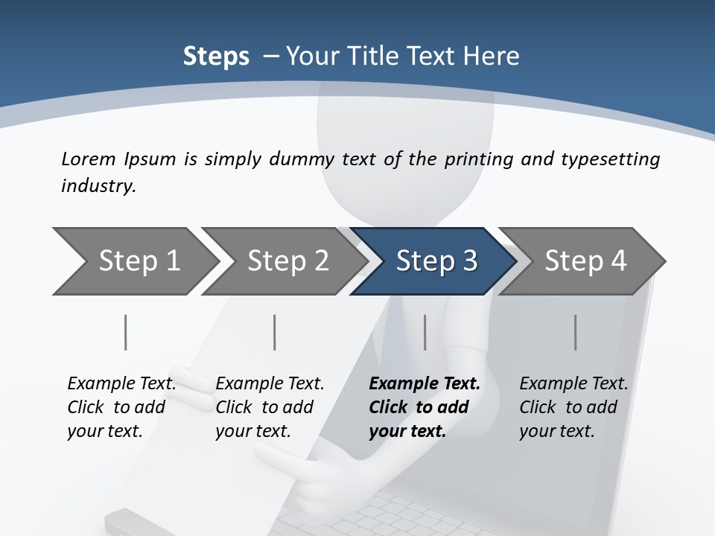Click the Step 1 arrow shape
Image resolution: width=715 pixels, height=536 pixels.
pyautogui.click(x=139, y=261)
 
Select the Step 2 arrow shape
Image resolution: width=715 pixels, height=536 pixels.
pyautogui.click(x=287, y=261)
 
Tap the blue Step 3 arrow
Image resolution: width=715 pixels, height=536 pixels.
pyautogui.click(x=436, y=261)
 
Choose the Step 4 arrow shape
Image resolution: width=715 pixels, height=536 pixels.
pyautogui.click(x=585, y=261)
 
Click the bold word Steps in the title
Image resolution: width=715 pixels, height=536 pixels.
pyautogui.click(x=216, y=56)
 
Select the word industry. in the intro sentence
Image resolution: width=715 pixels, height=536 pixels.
pyautogui.click(x=98, y=185)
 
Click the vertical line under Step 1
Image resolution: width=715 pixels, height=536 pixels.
pyautogui.click(x=126, y=332)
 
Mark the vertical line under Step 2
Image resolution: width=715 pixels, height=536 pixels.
pyautogui.click(x=275, y=332)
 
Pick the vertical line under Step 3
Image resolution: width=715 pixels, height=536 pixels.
pyautogui.click(x=425, y=332)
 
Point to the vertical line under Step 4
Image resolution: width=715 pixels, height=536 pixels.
pyautogui.click(x=576, y=332)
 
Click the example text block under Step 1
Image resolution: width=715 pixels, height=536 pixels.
pyautogui.click(x=121, y=407)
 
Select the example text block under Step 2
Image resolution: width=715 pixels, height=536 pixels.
pyautogui.click(x=270, y=407)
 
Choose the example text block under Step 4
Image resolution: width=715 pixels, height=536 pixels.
pyautogui.click(x=573, y=407)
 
